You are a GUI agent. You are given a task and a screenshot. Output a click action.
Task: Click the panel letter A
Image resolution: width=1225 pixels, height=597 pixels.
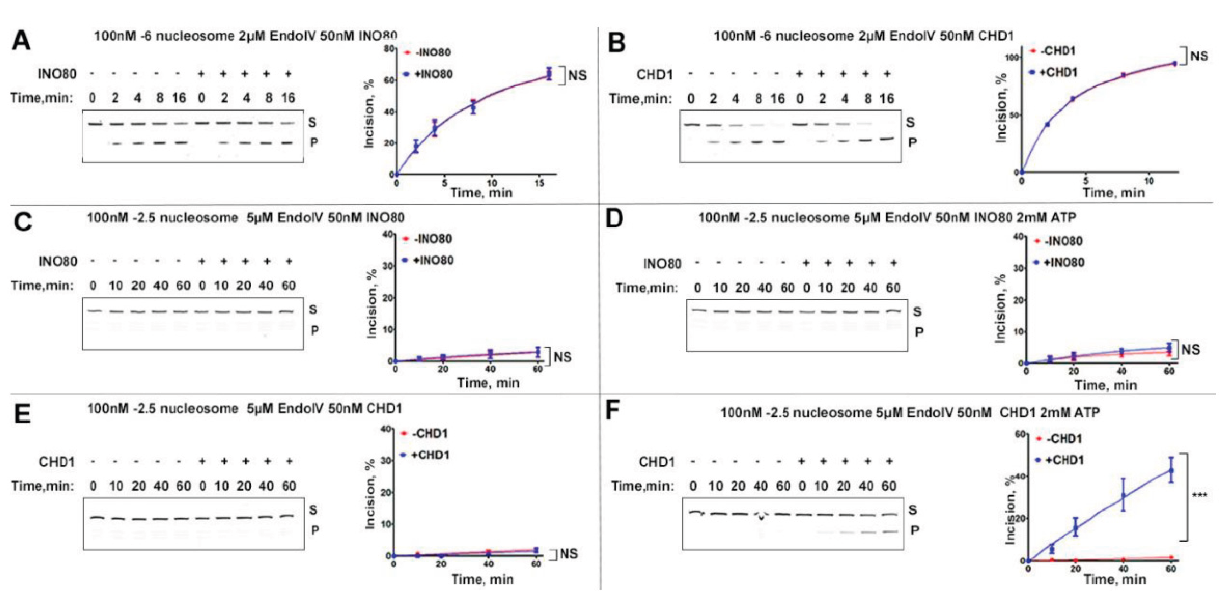[21, 41]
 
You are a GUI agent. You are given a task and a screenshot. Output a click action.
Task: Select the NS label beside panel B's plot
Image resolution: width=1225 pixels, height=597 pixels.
[1198, 56]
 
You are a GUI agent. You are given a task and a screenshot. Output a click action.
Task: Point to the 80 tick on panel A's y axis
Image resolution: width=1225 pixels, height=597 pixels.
[389, 49]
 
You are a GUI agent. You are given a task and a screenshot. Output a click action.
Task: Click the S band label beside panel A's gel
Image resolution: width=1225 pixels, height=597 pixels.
[312, 123]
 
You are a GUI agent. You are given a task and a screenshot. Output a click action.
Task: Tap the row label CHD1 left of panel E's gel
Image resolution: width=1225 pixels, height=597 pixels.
[57, 462]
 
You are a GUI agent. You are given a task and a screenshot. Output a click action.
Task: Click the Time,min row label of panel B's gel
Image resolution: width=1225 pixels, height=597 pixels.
[640, 98]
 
